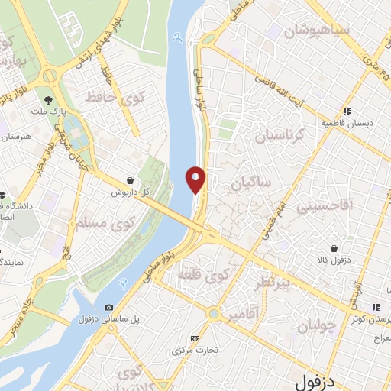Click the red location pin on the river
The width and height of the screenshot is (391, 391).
click(196, 179)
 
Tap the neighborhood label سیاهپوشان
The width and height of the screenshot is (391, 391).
click(317, 31)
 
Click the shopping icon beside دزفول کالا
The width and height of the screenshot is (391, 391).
click(335, 248)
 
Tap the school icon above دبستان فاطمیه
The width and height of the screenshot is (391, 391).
click(347, 111)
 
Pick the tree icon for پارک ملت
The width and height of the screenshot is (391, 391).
click(49, 100)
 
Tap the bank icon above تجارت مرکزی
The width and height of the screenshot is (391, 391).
click(195, 338)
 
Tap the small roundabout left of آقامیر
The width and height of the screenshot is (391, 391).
click(214, 313)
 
